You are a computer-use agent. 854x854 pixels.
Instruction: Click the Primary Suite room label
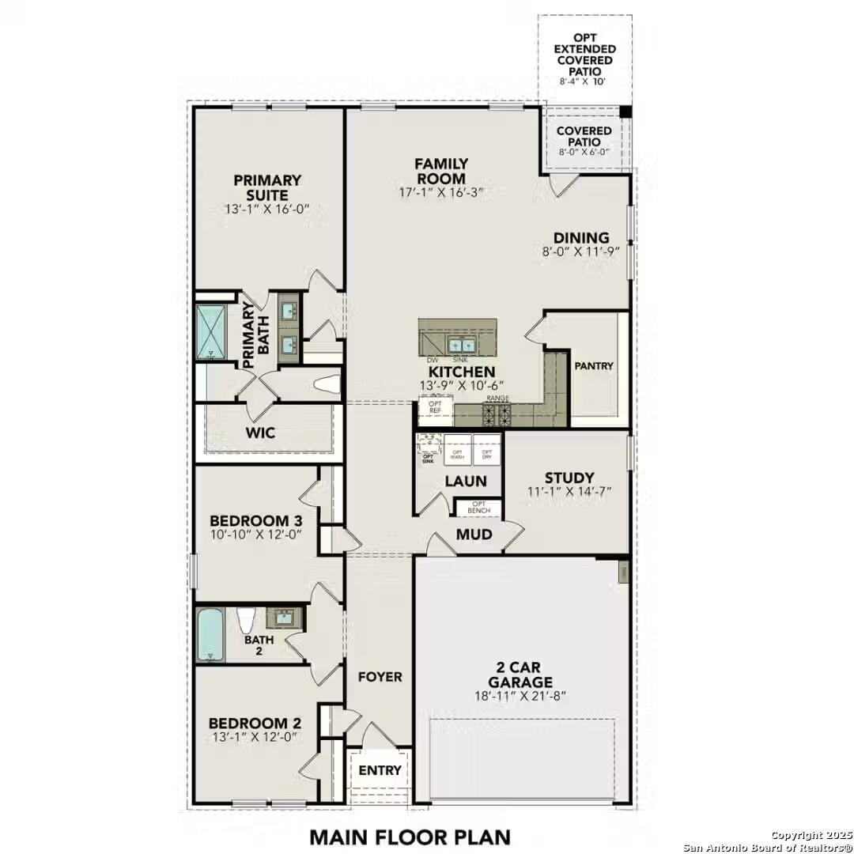pos(266,188)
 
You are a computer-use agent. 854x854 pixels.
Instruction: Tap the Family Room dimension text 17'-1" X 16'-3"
pos(441,192)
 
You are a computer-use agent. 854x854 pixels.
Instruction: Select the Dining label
pos(580,238)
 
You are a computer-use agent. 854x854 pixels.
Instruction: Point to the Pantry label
pos(594,366)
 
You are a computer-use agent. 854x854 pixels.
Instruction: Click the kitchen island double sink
pos(459,345)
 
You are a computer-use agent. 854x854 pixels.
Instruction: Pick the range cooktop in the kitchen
pos(497,414)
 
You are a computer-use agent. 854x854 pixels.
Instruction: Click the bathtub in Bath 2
pos(210,634)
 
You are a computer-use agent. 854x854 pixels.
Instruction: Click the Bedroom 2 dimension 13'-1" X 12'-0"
pos(254,738)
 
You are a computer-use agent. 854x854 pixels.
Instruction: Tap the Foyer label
pos(380,677)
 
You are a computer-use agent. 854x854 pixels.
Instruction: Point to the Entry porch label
pos(380,770)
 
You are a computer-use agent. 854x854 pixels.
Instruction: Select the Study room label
pos(569,478)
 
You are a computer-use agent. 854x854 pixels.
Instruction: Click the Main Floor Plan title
pos(410,836)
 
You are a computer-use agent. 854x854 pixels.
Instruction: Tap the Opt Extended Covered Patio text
pos(584,55)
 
